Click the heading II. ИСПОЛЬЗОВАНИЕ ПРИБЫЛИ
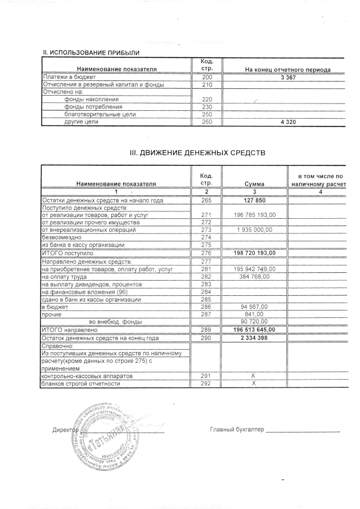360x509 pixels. point(91,53)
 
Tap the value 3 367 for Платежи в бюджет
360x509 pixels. point(287,76)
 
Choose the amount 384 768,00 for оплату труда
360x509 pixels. point(254,277)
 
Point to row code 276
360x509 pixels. point(206,253)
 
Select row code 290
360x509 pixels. point(206,338)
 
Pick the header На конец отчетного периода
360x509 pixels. point(287,69)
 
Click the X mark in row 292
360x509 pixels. point(254,384)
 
